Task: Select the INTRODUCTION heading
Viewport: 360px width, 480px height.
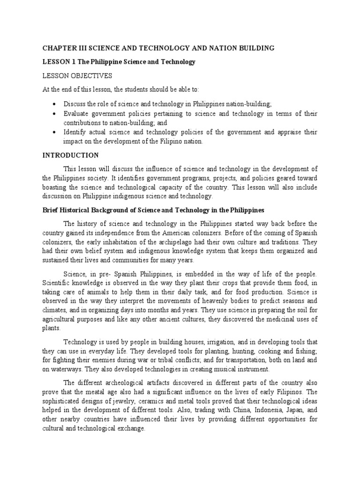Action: click(70, 155)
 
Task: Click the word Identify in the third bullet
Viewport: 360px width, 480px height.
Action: click(76, 133)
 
